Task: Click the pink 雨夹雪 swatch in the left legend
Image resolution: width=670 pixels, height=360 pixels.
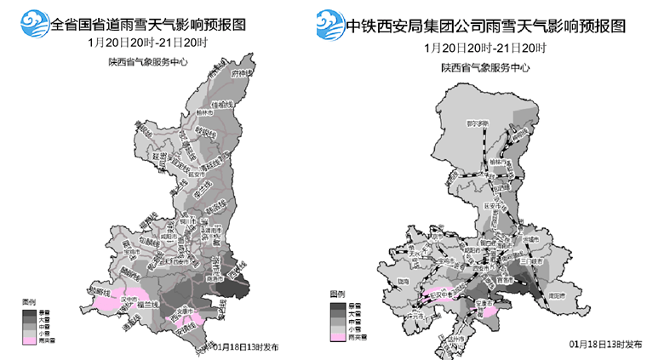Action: point(30,341)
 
